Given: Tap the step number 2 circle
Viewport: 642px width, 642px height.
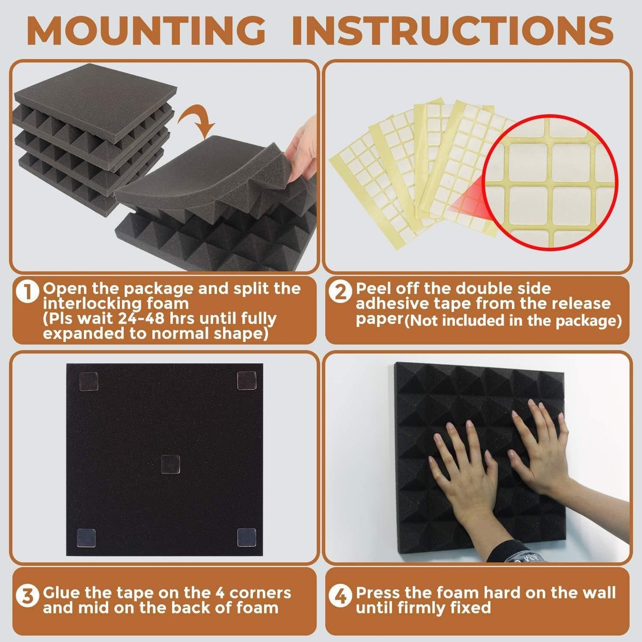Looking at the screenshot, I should tap(341, 293).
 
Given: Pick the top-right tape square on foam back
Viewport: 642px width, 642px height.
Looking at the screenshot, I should tap(247, 381).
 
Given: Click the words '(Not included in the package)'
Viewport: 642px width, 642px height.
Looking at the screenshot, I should tap(513, 321).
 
